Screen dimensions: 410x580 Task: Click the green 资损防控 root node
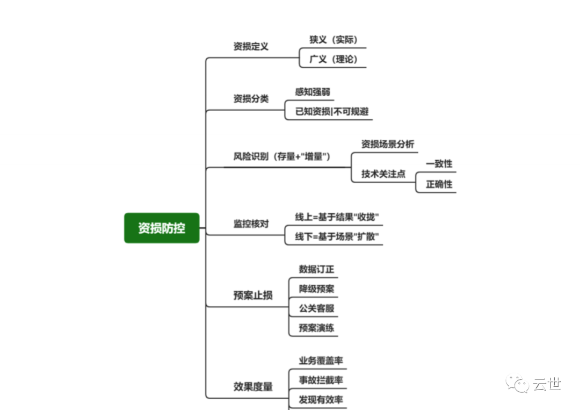(162, 228)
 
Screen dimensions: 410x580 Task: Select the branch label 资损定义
(251, 46)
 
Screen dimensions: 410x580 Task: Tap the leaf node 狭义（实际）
(334, 40)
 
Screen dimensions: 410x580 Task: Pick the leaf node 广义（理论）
(334, 59)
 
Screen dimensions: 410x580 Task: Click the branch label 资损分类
(251, 98)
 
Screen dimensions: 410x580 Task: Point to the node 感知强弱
(313, 92)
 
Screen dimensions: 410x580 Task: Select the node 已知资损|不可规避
(331, 112)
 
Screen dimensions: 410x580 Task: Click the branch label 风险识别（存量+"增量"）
(281, 156)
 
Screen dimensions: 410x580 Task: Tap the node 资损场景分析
(388, 144)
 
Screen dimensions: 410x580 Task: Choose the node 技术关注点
(383, 174)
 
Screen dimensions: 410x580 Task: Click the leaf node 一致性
(439, 164)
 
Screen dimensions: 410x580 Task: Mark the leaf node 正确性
(439, 184)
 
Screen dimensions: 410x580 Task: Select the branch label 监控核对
(251, 224)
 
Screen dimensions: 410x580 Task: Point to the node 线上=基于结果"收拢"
(337, 217)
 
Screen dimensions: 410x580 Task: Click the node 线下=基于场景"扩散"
(337, 237)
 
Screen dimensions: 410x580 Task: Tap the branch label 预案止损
(253, 295)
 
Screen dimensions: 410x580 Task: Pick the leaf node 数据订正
(317, 269)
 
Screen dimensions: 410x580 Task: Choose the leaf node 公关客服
(317, 308)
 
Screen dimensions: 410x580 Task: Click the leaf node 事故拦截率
(321, 380)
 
